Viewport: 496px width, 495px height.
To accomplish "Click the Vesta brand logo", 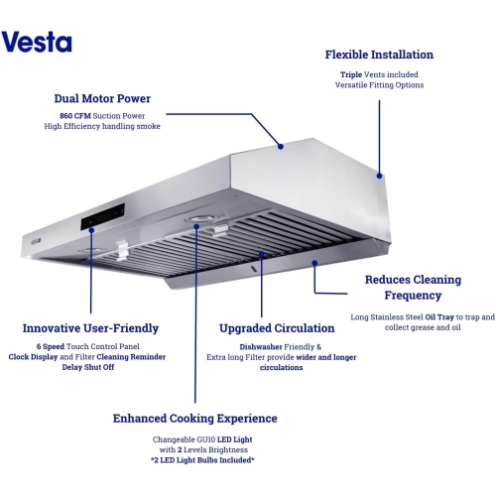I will [37, 43].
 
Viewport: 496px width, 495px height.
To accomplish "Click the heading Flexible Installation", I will [379, 54].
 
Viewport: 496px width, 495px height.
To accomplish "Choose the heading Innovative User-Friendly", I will [91, 328].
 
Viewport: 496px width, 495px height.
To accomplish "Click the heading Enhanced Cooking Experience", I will [194, 419].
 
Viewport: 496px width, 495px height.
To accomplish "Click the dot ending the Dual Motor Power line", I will [281, 147].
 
